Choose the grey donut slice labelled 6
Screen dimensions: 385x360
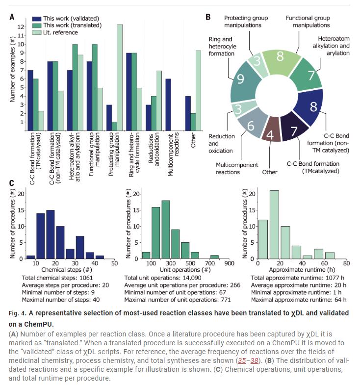[250, 127]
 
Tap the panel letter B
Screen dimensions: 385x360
[208, 17]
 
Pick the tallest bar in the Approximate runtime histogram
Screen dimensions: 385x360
[274, 225]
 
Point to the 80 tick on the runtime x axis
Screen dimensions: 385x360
[346, 263]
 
